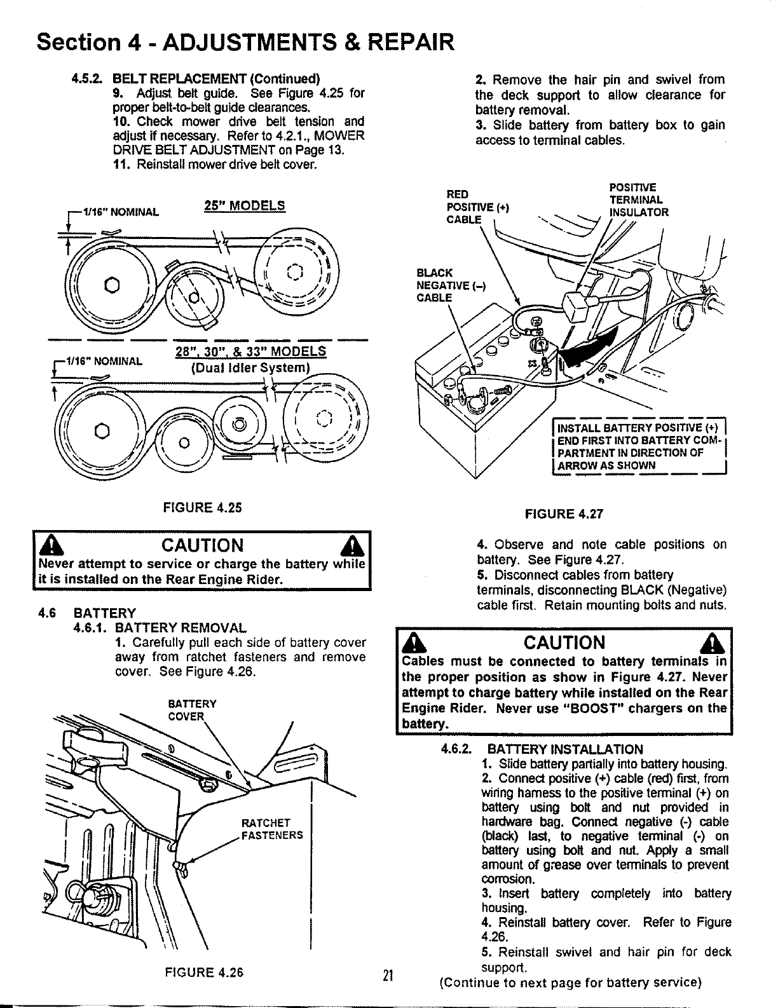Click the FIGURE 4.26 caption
[x=204, y=972]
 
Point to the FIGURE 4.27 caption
[x=562, y=514]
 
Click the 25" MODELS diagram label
[x=245, y=205]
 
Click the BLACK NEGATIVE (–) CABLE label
[x=449, y=285]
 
